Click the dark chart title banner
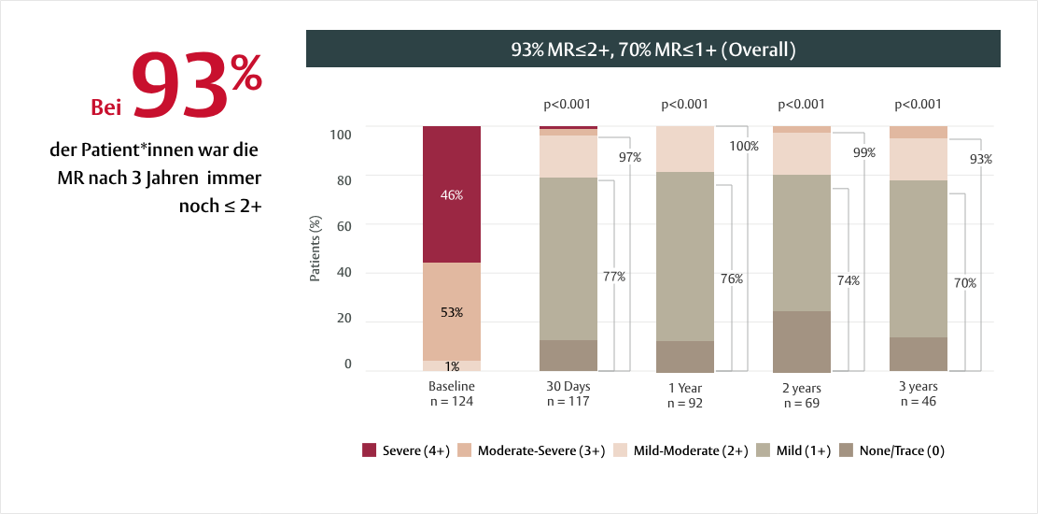pyautogui.click(x=652, y=49)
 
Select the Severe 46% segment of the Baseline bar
pyautogui.click(x=452, y=194)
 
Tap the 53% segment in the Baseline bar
pyautogui.click(x=452, y=311)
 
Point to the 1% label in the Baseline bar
pyautogui.click(x=452, y=366)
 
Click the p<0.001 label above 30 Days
pyautogui.click(x=568, y=105)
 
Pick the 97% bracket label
pyautogui.click(x=630, y=157)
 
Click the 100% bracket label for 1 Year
pyautogui.click(x=744, y=146)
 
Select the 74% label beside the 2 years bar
pyautogui.click(x=848, y=280)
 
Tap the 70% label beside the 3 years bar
pyautogui.click(x=964, y=282)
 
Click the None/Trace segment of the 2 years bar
pyautogui.click(x=802, y=341)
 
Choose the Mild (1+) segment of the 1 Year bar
pyautogui.click(x=685, y=256)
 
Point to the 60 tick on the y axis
pyautogui.click(x=343, y=224)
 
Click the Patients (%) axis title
pyautogui.click(x=316, y=250)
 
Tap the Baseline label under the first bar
pyautogui.click(x=452, y=386)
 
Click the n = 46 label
pyautogui.click(x=919, y=401)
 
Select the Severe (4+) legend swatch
pyautogui.click(x=369, y=450)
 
